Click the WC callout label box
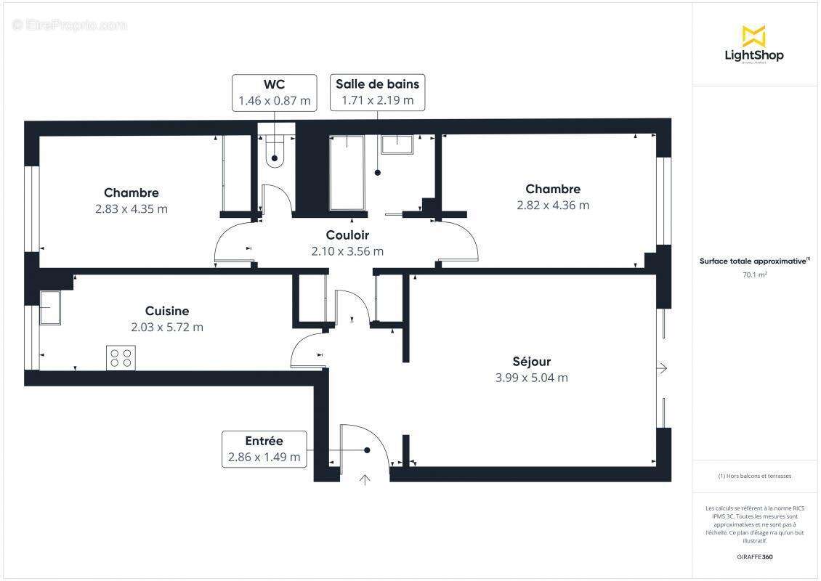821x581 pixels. [274, 92]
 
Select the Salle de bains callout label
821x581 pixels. [377, 92]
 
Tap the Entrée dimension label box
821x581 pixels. [264, 449]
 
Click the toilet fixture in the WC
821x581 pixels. [274, 151]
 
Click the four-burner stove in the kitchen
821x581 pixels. [121, 357]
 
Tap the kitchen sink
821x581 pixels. [49, 308]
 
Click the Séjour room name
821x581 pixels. [531, 362]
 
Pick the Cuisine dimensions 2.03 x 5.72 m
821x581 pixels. [167, 328]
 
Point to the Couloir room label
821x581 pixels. [347, 235]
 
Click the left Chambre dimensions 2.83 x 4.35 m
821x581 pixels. [132, 209]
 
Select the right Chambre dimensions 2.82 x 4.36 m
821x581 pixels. [553, 206]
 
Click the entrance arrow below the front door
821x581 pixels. [365, 479]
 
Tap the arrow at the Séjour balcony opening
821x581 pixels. [661, 369]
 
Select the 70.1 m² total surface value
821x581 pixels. [755, 275]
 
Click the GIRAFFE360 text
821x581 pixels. [755, 557]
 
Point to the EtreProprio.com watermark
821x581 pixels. [70, 25]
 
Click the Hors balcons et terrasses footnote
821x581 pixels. [755, 476]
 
